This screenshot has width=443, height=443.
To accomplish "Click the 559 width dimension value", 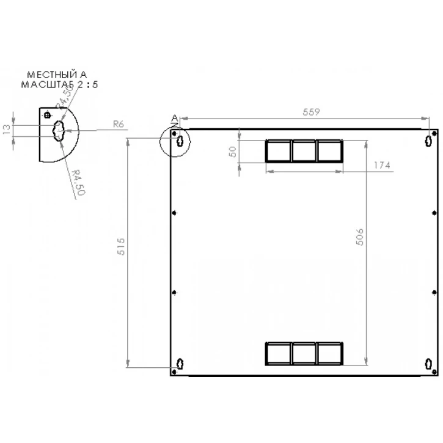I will point(312,112).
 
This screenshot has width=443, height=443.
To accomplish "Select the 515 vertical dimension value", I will point(121,246).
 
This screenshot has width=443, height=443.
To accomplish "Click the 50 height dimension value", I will point(233,151).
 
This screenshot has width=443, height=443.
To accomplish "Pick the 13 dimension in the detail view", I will point(7,130).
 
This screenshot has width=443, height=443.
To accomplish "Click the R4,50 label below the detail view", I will point(78,182).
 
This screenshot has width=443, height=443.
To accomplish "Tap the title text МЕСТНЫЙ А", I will point(53,75).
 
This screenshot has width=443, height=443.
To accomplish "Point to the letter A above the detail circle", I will point(174,117).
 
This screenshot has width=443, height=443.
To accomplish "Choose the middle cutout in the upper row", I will point(304,151).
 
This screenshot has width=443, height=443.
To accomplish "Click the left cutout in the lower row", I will point(278,353).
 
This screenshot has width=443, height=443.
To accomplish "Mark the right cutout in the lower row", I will point(329,353).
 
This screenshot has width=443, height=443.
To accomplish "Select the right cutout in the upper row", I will point(329,151).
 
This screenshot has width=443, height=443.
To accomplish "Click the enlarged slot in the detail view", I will point(60,130).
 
